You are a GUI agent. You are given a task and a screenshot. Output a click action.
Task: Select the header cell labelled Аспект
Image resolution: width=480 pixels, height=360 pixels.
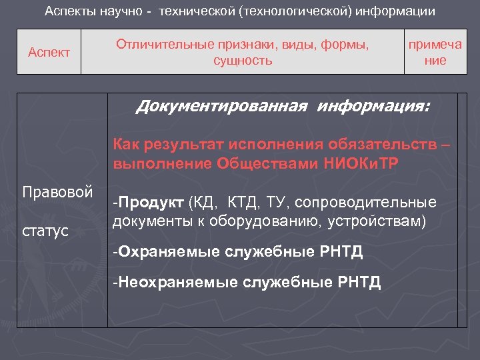coord(49,52)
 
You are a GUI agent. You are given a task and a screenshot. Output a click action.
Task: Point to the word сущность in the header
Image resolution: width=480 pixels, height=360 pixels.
coord(243,61)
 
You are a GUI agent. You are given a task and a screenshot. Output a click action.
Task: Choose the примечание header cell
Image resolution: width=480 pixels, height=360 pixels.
coord(435,52)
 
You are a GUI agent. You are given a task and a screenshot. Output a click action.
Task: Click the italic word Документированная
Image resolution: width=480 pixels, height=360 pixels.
coord(223,106)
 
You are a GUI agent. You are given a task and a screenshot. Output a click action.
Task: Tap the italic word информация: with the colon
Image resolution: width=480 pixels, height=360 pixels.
coord(374,106)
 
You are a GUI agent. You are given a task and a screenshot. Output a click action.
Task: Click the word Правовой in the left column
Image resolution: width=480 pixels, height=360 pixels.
coord(57,192)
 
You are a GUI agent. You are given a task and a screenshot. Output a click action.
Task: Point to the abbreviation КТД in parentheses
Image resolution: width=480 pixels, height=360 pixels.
coord(243,202)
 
